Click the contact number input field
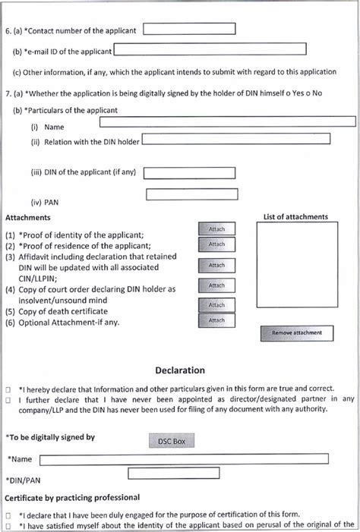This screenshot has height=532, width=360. coord(189,29)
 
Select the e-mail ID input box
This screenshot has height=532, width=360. coord(210,49)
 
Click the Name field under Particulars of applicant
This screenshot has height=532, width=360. coord(227,121)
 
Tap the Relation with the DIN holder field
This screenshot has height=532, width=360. coord(236,139)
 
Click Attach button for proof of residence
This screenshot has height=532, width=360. coord(216,244)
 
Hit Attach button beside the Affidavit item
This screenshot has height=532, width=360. coord(216,266)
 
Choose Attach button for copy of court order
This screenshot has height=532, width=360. coord(216,285)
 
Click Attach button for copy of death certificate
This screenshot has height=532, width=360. coord(216,305)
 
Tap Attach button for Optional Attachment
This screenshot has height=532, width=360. coord(216,320)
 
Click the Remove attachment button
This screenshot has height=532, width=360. coord(297,332)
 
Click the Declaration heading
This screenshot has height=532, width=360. coord(180,370)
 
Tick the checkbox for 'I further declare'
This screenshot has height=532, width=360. coord(8,400)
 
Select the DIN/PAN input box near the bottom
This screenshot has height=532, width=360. coord(178,474)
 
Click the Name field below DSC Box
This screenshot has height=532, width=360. coord(184,459)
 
